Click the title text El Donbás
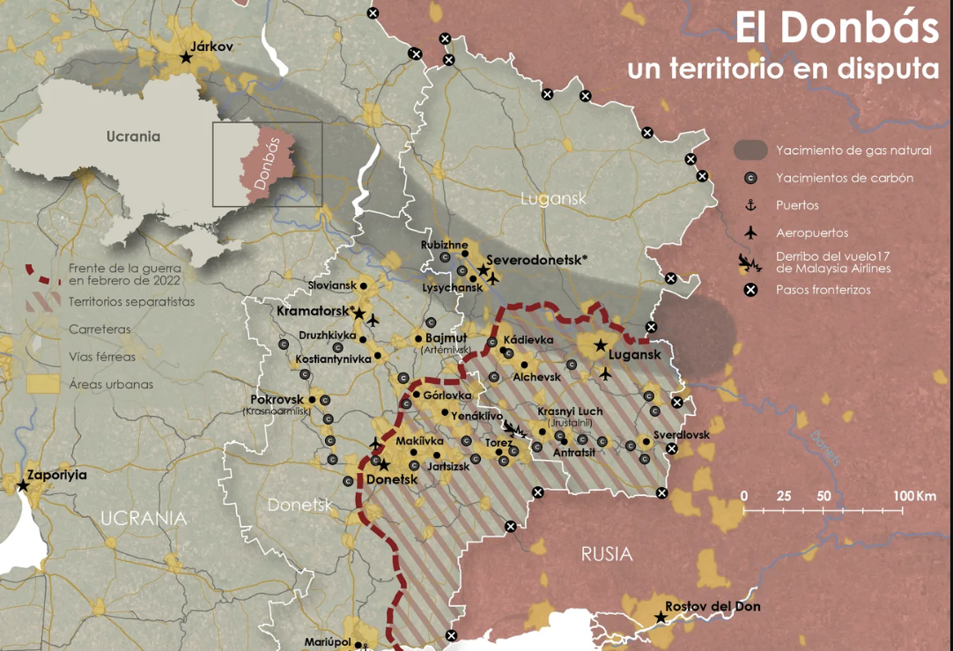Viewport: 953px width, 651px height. [x=837, y=28]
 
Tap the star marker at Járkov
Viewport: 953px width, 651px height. [x=186, y=57]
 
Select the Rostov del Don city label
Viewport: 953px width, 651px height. [x=713, y=606]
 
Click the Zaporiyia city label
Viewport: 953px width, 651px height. [x=57, y=474]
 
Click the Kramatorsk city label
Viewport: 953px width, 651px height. [x=314, y=311]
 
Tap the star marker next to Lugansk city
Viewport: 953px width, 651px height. [x=600, y=345]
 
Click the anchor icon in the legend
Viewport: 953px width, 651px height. [x=750, y=205]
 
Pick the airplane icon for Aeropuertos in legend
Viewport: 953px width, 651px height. [x=750, y=233]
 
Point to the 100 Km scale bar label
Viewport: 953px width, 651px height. [x=914, y=496]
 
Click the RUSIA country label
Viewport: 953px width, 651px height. [x=606, y=554]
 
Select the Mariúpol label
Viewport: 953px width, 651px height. [x=328, y=641]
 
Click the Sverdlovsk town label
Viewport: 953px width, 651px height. [x=681, y=434]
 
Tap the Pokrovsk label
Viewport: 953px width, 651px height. [x=277, y=399]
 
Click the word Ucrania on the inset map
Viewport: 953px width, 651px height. [x=133, y=137]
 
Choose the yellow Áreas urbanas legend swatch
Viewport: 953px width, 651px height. [x=42, y=384]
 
